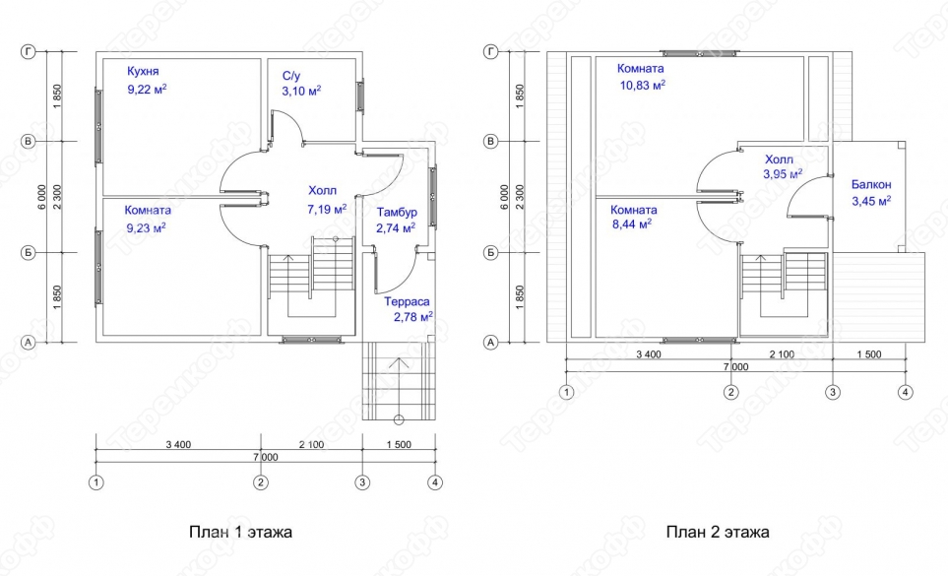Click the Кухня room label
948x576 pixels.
[143, 71]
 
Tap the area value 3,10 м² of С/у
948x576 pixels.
[301, 91]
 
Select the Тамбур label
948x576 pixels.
[397, 213]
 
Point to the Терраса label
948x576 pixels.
[406, 301]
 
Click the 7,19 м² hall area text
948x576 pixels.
[327, 210]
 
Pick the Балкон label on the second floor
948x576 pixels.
[871, 184]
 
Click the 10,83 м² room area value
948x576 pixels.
[642, 86]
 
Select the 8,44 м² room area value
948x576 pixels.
[632, 224]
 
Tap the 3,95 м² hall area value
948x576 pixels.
[783, 174]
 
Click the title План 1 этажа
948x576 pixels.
[240, 533]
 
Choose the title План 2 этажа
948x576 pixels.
[717, 533]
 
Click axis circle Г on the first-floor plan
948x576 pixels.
[29, 51]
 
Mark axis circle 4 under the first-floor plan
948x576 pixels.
[435, 482]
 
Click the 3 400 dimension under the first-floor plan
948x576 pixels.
[177, 445]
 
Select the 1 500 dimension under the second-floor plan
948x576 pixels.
[868, 354]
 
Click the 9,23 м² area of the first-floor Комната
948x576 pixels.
[146, 227]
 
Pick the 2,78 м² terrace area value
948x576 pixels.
[412, 317]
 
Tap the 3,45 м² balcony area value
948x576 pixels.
[871, 201]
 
